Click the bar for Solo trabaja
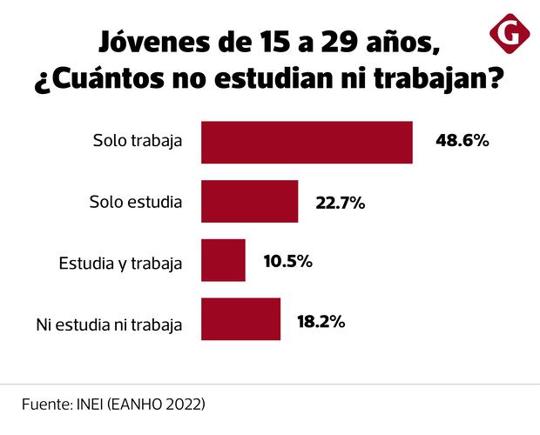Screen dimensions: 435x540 tap(307, 143)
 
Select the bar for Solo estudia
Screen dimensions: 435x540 tap(249, 202)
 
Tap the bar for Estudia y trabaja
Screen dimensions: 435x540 tap(223, 261)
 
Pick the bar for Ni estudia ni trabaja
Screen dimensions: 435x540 tap(240, 319)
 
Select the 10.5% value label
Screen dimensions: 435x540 tap(287, 261)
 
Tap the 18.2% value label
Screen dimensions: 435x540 tap(321, 320)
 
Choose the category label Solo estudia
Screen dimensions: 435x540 tap(135, 202)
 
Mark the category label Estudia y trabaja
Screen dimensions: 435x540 tap(120, 262)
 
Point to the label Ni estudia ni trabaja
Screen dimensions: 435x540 tap(109, 325)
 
